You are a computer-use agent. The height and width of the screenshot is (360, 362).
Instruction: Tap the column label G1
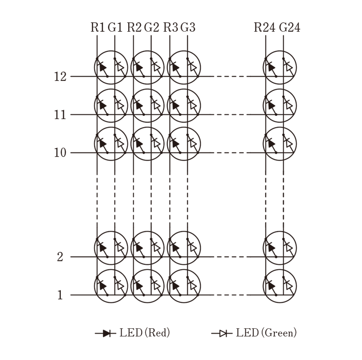tap(115, 27)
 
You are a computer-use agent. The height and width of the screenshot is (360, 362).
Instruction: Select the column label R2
tap(134, 27)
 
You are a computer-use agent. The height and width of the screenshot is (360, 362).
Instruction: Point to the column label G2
tap(152, 27)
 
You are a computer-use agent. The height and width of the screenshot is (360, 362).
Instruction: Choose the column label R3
tap(171, 27)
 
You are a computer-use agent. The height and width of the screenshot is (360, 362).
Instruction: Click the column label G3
tap(188, 27)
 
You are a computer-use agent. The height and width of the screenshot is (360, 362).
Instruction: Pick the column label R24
tap(265, 27)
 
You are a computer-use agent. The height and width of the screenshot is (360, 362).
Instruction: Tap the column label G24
tap(290, 27)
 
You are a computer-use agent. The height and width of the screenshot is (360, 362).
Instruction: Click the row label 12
tap(60, 76)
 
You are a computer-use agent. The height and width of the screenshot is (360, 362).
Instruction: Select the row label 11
tap(60, 114)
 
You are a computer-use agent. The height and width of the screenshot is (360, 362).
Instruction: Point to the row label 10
tap(60, 153)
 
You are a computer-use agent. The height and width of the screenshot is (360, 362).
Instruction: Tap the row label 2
tap(60, 257)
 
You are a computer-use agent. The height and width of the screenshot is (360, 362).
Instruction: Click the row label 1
tap(60, 295)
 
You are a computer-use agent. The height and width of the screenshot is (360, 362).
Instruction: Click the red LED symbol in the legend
tap(105, 333)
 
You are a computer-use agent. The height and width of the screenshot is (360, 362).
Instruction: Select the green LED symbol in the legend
tap(222, 333)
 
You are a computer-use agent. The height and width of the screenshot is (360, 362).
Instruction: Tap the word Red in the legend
tap(157, 333)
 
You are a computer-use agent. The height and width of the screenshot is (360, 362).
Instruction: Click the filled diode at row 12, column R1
tap(102, 68)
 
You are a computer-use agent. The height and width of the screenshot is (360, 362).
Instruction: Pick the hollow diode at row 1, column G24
tap(289, 286)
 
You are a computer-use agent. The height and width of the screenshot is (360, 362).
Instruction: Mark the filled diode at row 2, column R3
tap(175, 248)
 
